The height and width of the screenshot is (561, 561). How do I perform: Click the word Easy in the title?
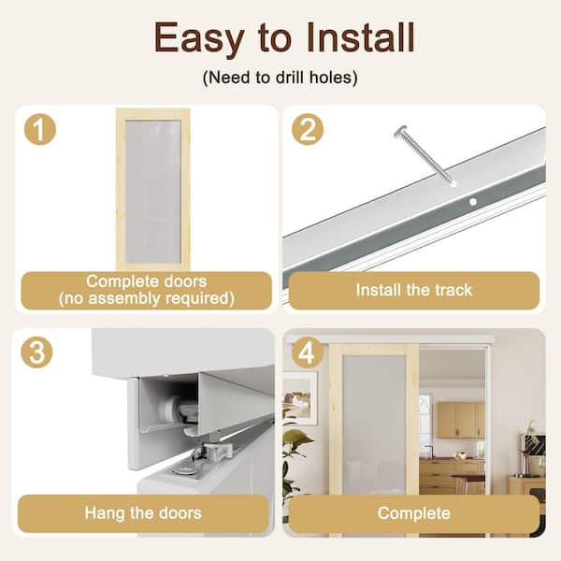[x=199, y=38]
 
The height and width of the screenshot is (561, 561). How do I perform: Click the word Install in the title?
[x=360, y=37]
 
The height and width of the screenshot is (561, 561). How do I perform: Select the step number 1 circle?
[x=39, y=129]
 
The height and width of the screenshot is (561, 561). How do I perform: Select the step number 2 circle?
[x=308, y=129]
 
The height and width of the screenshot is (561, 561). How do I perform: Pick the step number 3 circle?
[x=36, y=352]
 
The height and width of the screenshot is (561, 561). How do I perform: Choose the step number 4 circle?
[x=307, y=352]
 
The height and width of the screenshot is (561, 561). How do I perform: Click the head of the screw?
[x=401, y=132]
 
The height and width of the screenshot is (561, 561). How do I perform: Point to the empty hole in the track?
[x=472, y=202]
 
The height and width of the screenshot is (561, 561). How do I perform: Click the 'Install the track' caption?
[x=414, y=290]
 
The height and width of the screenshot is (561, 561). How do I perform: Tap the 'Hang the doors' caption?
[x=143, y=513]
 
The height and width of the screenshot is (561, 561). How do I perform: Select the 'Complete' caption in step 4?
[x=414, y=513]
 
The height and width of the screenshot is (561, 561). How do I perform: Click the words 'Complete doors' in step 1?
[x=147, y=281]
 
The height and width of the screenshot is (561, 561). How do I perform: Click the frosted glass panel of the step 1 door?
[x=153, y=192]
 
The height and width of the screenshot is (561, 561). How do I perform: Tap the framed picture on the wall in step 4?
[x=300, y=398]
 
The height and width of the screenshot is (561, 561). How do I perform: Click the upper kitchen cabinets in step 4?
[x=460, y=419]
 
